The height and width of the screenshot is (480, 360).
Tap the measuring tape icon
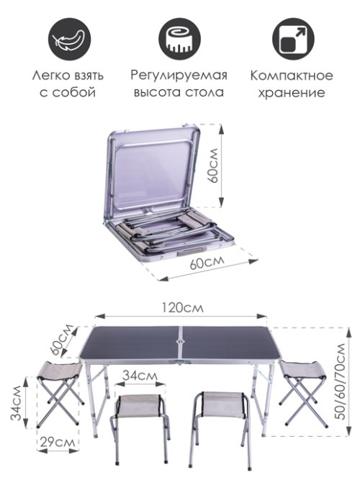[179, 36]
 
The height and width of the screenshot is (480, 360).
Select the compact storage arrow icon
[292, 36]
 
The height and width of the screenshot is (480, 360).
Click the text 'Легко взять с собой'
[68, 83]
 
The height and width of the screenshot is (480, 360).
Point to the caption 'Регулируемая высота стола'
[179, 83]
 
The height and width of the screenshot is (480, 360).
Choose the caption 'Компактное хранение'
[292, 83]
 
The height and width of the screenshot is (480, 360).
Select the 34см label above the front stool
[139, 375]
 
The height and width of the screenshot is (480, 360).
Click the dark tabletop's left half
[130, 344]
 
